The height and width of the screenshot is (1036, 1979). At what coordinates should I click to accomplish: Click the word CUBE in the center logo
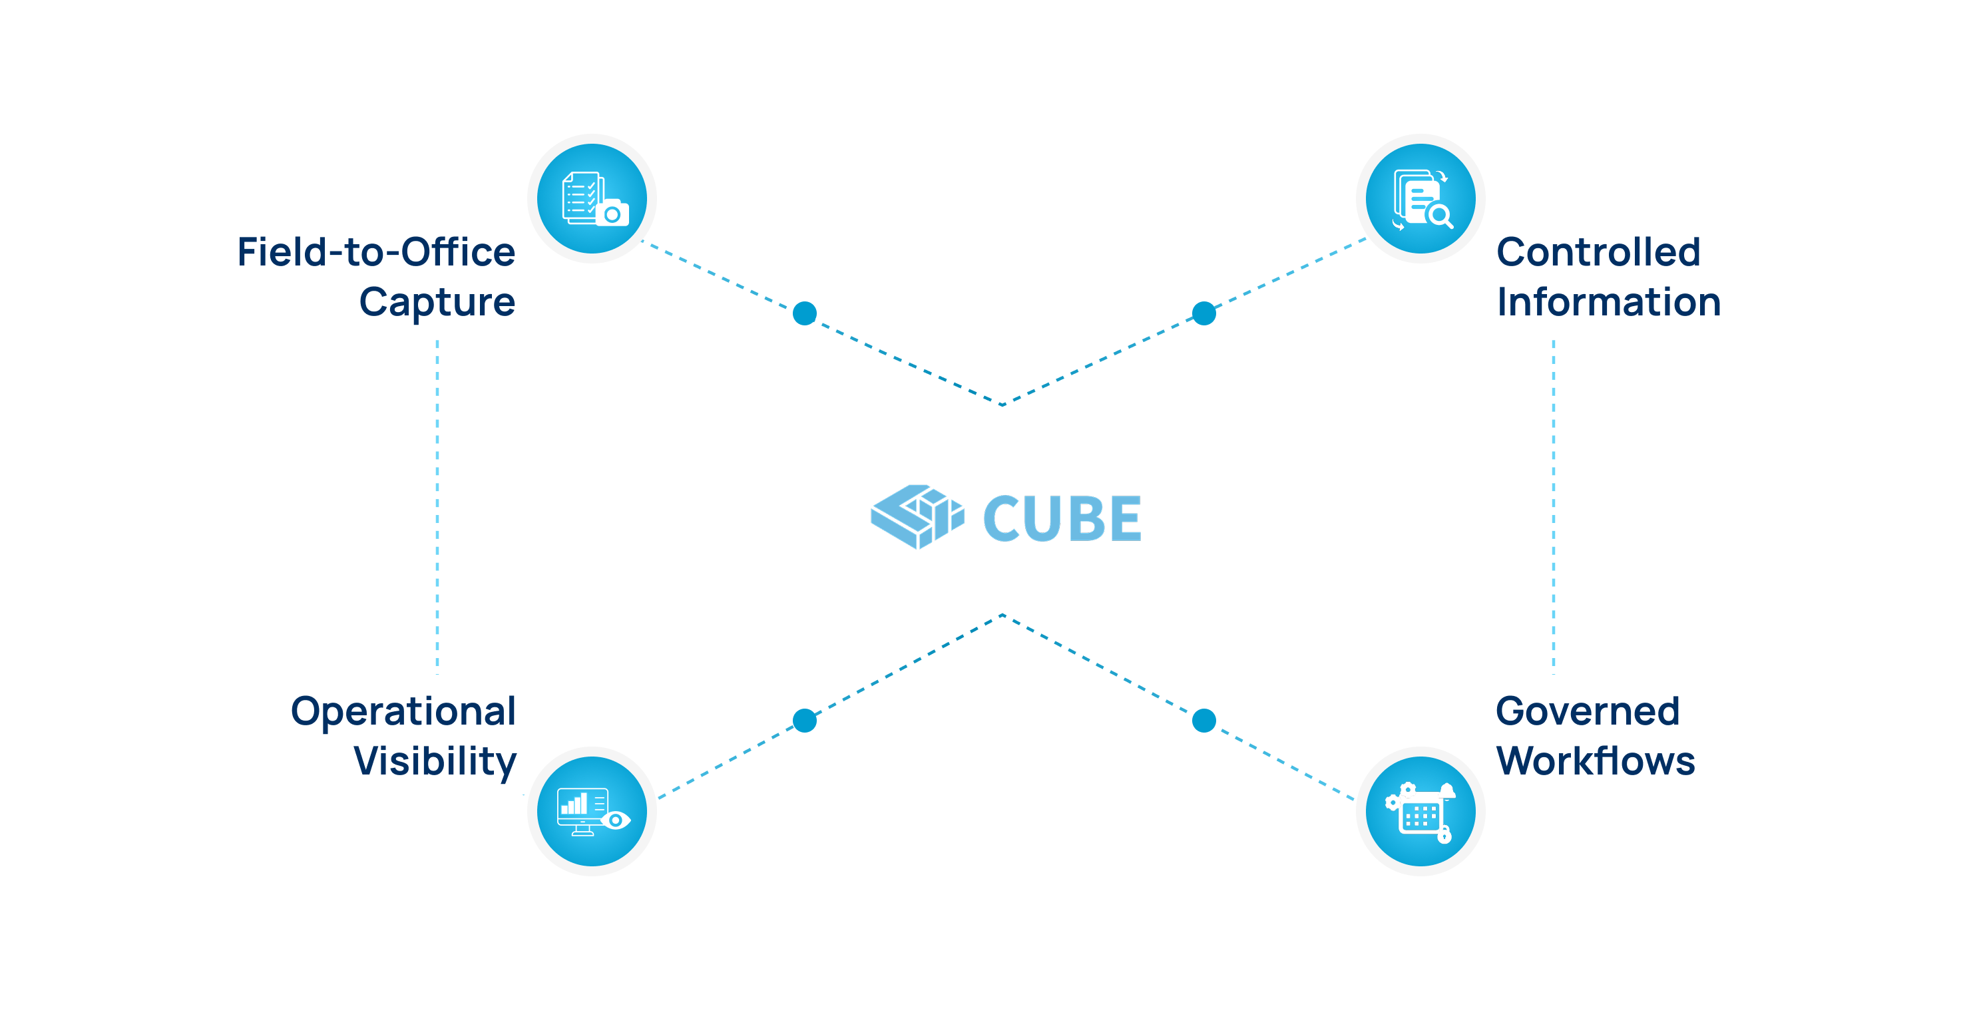(1062, 518)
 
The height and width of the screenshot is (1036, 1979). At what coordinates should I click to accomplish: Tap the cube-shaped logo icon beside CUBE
(917, 516)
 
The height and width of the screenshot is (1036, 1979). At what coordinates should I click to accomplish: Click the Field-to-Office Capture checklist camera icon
(592, 199)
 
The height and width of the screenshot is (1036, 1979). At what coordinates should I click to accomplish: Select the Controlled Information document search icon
(1421, 199)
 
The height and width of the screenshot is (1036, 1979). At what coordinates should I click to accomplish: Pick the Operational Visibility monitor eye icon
(592, 811)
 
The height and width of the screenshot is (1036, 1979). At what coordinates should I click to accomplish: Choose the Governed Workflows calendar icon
(1421, 811)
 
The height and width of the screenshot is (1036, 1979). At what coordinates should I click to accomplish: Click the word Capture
(437, 302)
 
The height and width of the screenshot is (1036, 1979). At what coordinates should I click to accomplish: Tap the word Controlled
(1598, 252)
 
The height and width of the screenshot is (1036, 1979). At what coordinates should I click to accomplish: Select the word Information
(1608, 302)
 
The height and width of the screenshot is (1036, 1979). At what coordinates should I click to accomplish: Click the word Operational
(403, 711)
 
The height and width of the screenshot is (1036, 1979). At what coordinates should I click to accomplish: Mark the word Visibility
(435, 761)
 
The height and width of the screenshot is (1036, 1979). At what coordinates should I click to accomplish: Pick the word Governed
(1587, 711)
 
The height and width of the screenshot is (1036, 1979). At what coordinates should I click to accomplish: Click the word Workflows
(1595, 761)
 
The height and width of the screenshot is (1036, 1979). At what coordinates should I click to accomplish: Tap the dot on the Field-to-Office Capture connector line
(804, 313)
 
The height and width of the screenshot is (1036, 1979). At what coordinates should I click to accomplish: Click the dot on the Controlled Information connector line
(1204, 313)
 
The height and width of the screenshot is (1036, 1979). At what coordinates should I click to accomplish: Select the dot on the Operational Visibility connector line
(804, 721)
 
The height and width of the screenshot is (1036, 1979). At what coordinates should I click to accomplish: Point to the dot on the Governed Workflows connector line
(1204, 721)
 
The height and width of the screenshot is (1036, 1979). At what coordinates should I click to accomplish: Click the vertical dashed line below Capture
(437, 507)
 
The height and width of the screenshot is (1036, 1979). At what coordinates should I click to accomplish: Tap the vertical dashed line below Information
(1554, 507)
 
